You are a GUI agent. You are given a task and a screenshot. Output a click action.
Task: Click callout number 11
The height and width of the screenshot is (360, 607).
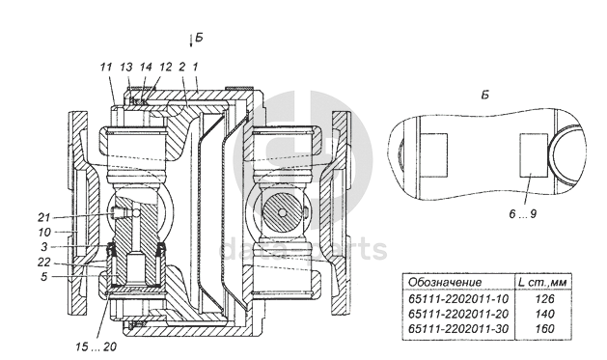click(106, 67)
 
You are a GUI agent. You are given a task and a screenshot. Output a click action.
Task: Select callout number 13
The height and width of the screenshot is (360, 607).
click(126, 67)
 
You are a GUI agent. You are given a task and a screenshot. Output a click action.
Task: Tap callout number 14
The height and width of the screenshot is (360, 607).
click(146, 67)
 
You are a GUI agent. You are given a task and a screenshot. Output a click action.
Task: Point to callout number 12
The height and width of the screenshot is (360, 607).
click(165, 67)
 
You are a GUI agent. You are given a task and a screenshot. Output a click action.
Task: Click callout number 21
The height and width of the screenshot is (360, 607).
click(43, 217)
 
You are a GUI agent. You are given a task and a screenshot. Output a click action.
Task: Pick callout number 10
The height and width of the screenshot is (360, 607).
click(44, 233)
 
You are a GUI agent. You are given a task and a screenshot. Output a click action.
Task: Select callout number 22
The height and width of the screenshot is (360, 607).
click(43, 263)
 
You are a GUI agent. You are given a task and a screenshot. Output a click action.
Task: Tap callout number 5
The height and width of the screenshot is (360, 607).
click(43, 277)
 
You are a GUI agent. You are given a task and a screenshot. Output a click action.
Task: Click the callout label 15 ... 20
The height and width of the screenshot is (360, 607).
click(96, 346)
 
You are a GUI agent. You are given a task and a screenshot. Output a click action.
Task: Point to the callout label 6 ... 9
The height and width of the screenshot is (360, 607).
click(523, 214)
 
